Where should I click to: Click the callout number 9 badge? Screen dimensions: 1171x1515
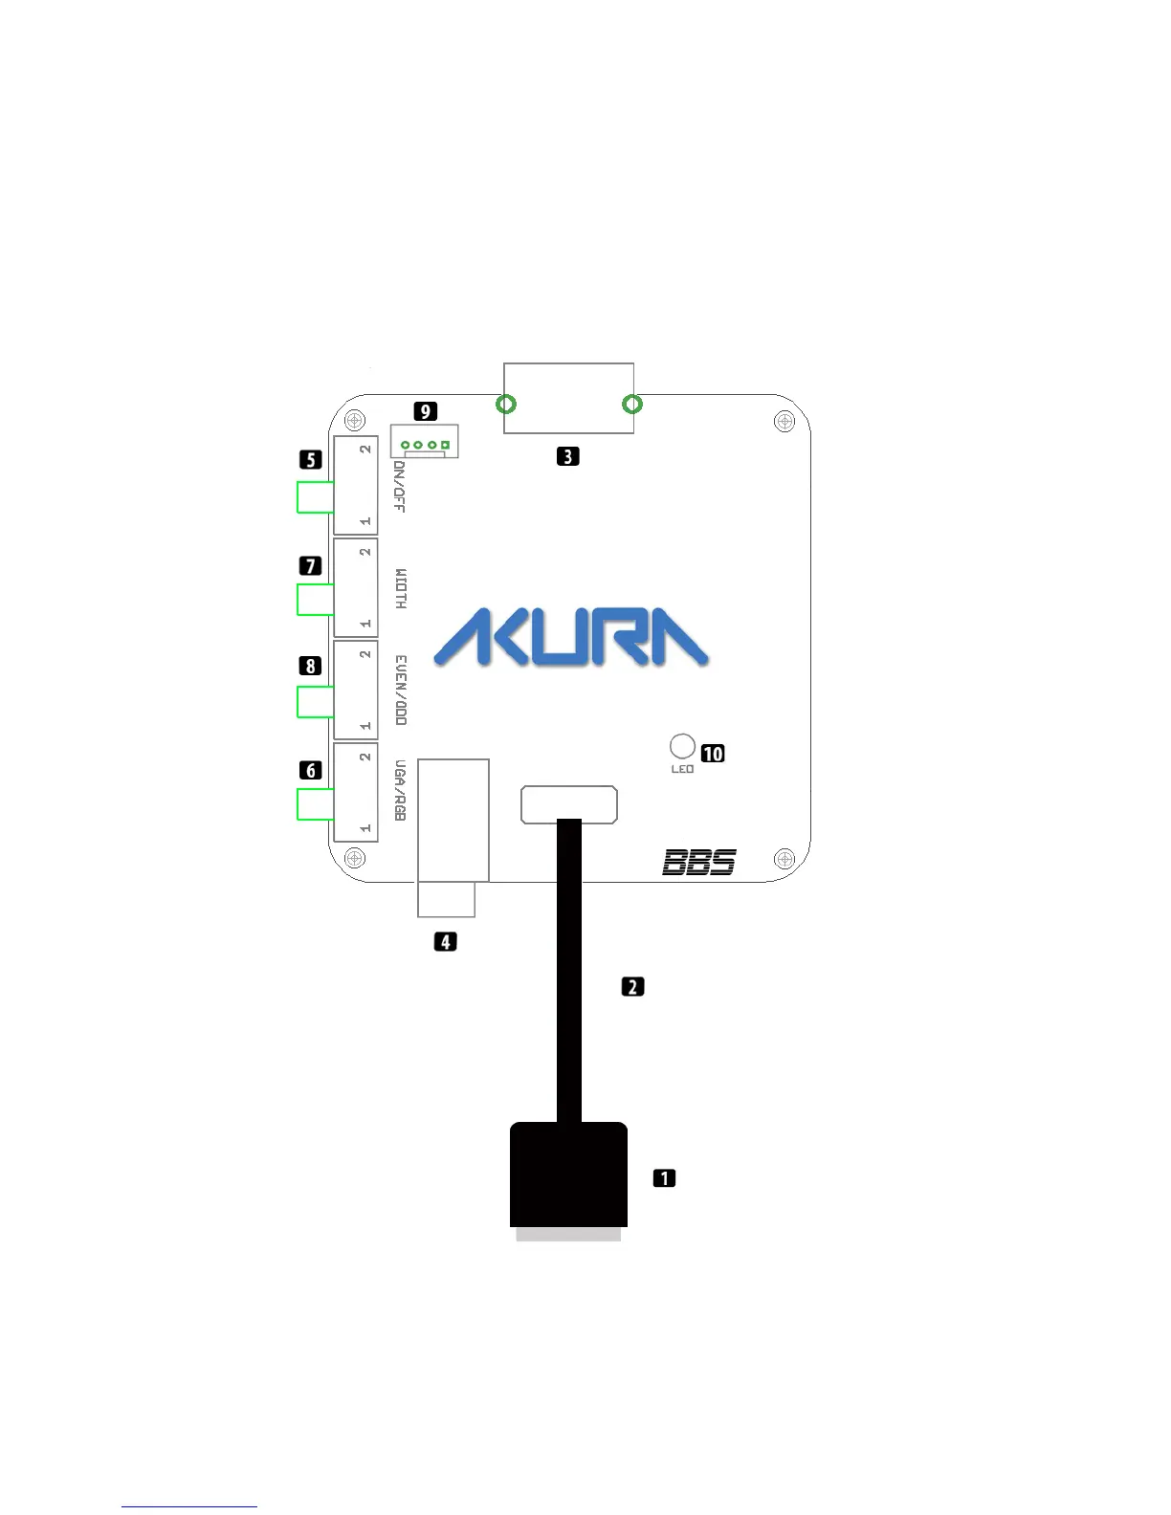(x=425, y=411)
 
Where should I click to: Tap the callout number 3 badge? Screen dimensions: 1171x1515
(x=567, y=456)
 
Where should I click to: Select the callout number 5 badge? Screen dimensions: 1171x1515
(x=310, y=460)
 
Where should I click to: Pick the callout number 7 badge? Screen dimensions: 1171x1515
(x=310, y=566)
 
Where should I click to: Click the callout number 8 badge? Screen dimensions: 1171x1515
(x=310, y=666)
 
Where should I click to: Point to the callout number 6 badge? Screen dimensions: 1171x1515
(x=310, y=770)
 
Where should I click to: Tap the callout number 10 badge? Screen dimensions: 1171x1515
(x=713, y=754)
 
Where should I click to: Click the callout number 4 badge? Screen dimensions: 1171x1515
(x=445, y=942)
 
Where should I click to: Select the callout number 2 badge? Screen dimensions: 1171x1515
(x=632, y=986)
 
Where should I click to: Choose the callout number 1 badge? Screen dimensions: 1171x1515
(x=664, y=1178)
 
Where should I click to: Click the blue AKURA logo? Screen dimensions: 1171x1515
(x=571, y=639)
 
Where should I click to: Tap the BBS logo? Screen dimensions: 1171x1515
(x=699, y=863)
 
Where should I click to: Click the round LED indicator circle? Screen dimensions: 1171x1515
(x=682, y=746)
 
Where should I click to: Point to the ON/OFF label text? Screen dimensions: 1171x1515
(x=400, y=487)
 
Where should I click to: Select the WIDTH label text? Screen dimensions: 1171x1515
(x=400, y=589)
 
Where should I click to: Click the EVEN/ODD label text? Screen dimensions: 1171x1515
(x=400, y=690)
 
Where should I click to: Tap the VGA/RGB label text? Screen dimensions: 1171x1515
(x=400, y=790)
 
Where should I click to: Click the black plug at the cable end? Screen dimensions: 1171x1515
(x=568, y=1175)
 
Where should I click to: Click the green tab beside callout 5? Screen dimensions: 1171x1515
(x=315, y=497)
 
